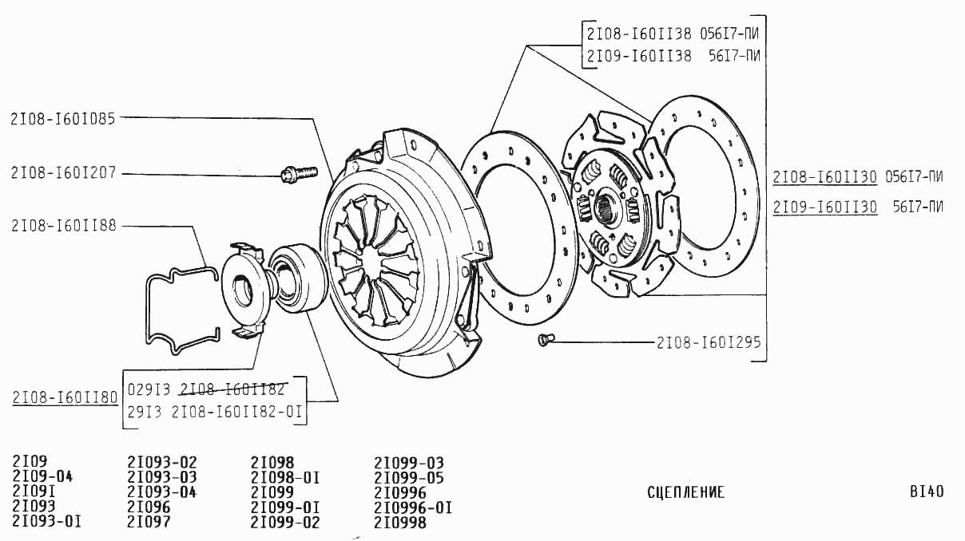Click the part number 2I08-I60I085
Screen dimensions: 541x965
pyautogui.click(x=63, y=119)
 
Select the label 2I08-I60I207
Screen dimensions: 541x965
pyautogui.click(x=63, y=173)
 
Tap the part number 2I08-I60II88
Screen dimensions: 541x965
pyautogui.click(x=64, y=226)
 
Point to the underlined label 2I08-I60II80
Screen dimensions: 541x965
pyautogui.click(x=65, y=397)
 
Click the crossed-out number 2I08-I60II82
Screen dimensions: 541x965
pyautogui.click(x=232, y=389)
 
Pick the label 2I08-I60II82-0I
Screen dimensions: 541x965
pyautogui.click(x=239, y=413)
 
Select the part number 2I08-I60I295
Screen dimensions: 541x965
pyautogui.click(x=708, y=343)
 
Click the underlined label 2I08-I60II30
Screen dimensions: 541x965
pyautogui.click(x=824, y=177)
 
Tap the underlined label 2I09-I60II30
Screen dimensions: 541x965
pyautogui.click(x=824, y=207)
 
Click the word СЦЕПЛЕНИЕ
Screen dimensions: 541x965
pyautogui.click(x=685, y=492)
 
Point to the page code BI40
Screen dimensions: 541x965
pyautogui.click(x=926, y=492)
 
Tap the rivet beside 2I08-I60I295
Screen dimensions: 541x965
pyautogui.click(x=544, y=341)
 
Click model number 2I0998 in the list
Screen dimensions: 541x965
pyautogui.click(x=399, y=523)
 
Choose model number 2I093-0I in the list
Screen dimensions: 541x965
pyautogui.click(x=46, y=523)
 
